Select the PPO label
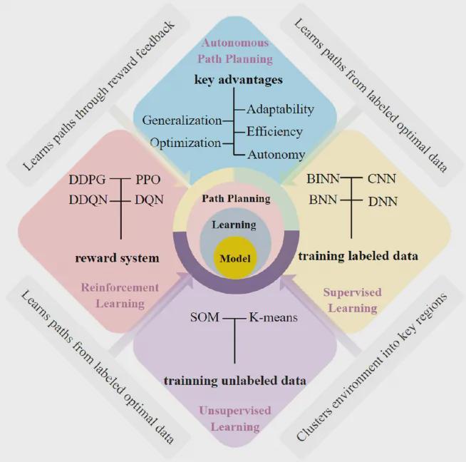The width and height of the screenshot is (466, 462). pyautogui.click(x=149, y=180)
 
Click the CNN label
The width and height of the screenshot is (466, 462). pyautogui.click(x=383, y=181)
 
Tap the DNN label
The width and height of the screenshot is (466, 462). pyautogui.click(x=383, y=202)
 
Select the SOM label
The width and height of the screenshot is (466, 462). pyautogui.click(x=207, y=317)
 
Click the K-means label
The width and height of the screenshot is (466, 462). pyautogui.click(x=274, y=317)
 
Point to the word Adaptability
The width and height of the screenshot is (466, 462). pyautogui.click(x=280, y=109)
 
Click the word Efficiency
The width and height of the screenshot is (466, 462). pyautogui.click(x=274, y=131)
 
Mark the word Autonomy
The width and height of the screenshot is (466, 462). pyautogui.click(x=276, y=154)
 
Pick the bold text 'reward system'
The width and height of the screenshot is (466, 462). pyautogui.click(x=117, y=257)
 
